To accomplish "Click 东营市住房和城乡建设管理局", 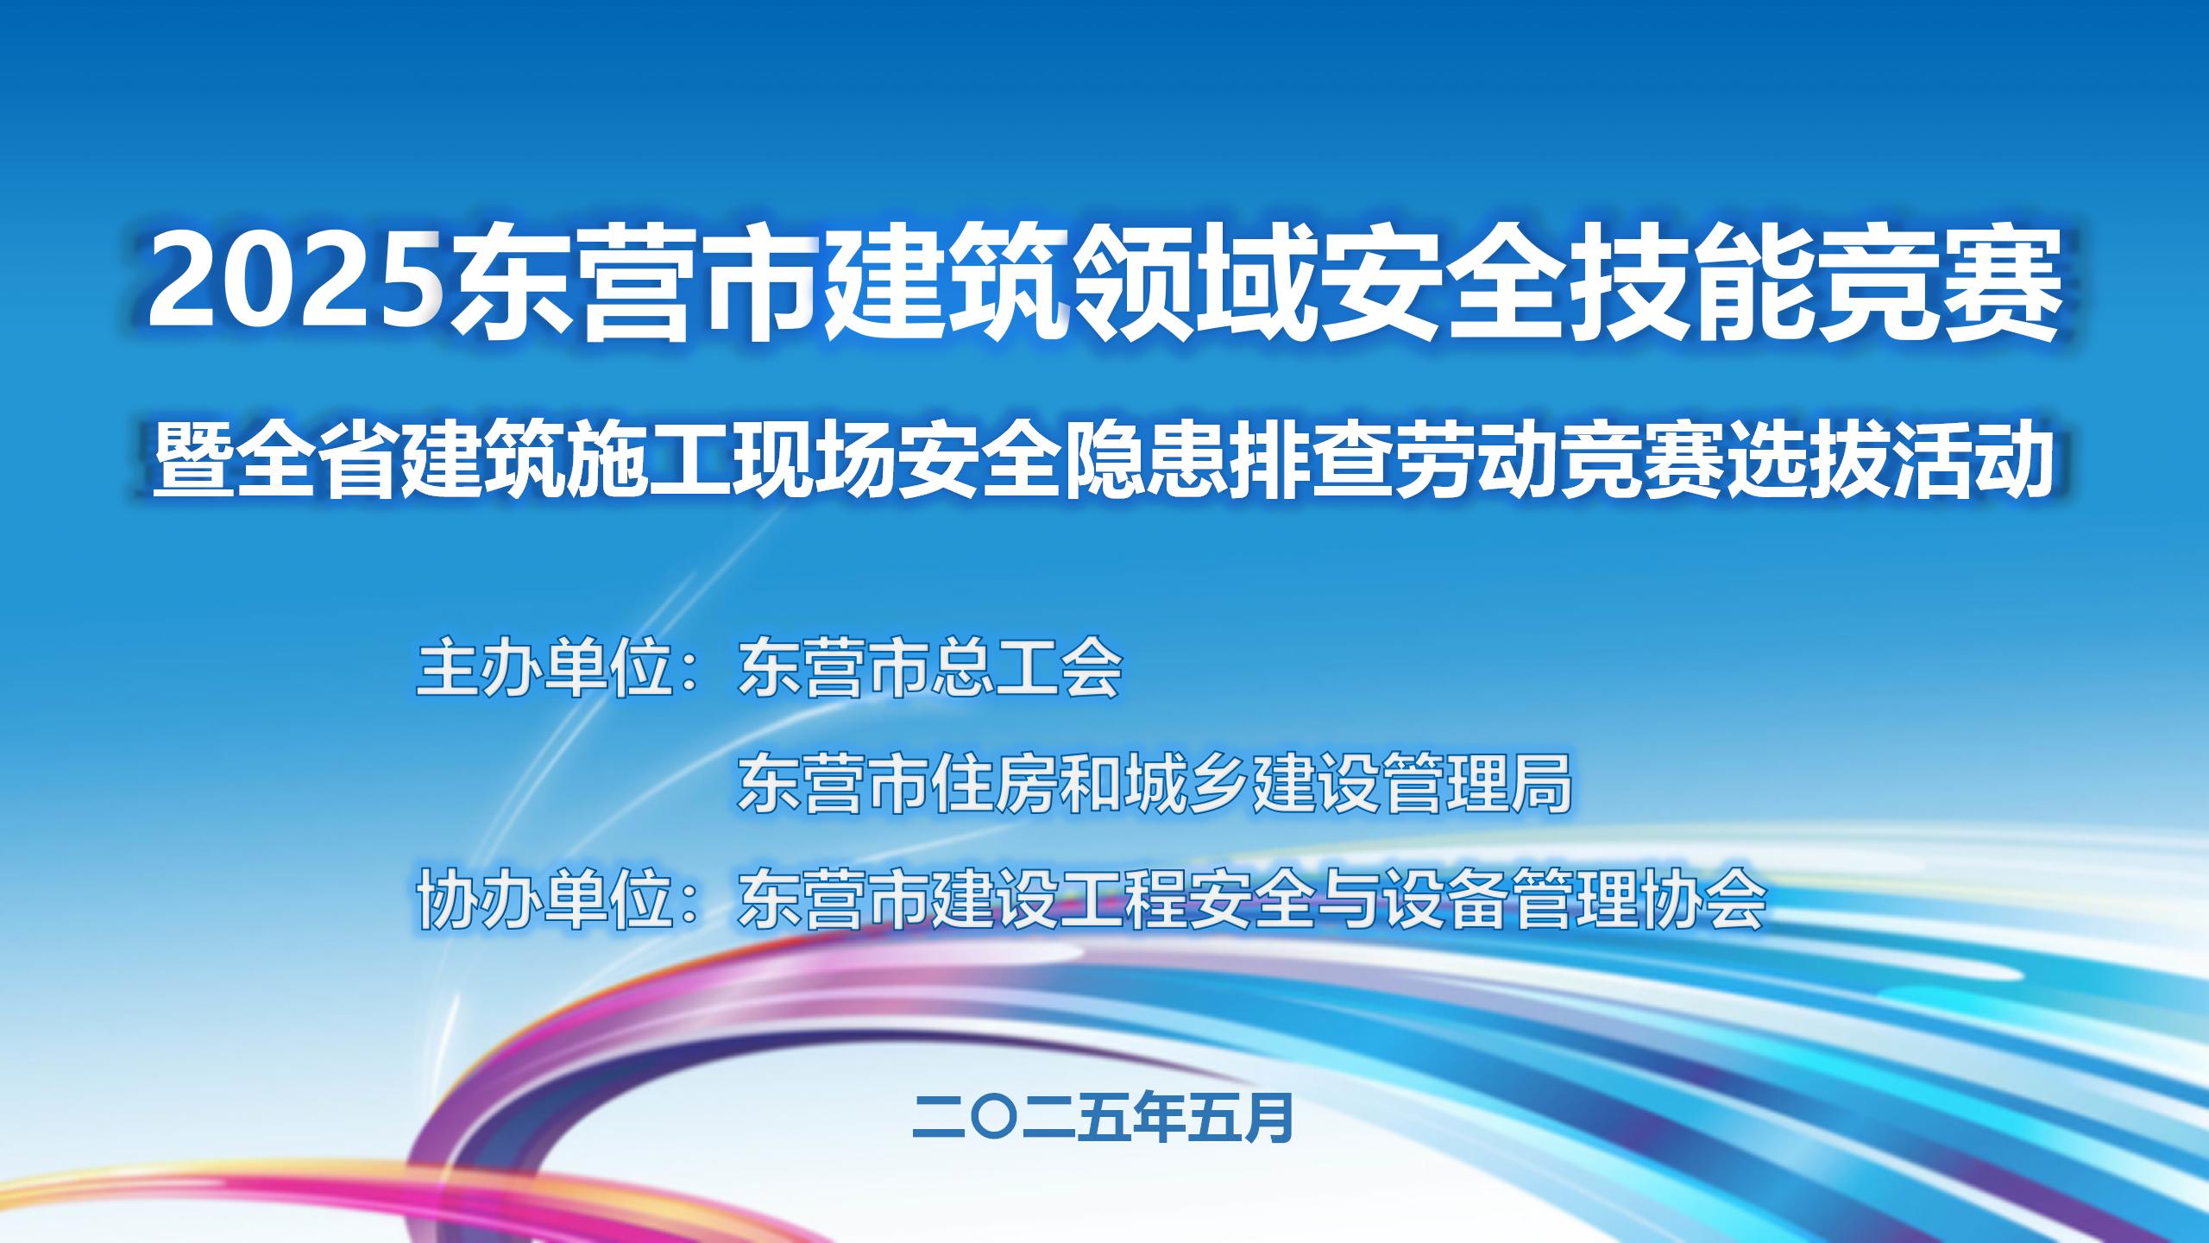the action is point(1155,782).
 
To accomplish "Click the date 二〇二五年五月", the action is point(1103,1119).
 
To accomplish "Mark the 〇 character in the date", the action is point(994,1119).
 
